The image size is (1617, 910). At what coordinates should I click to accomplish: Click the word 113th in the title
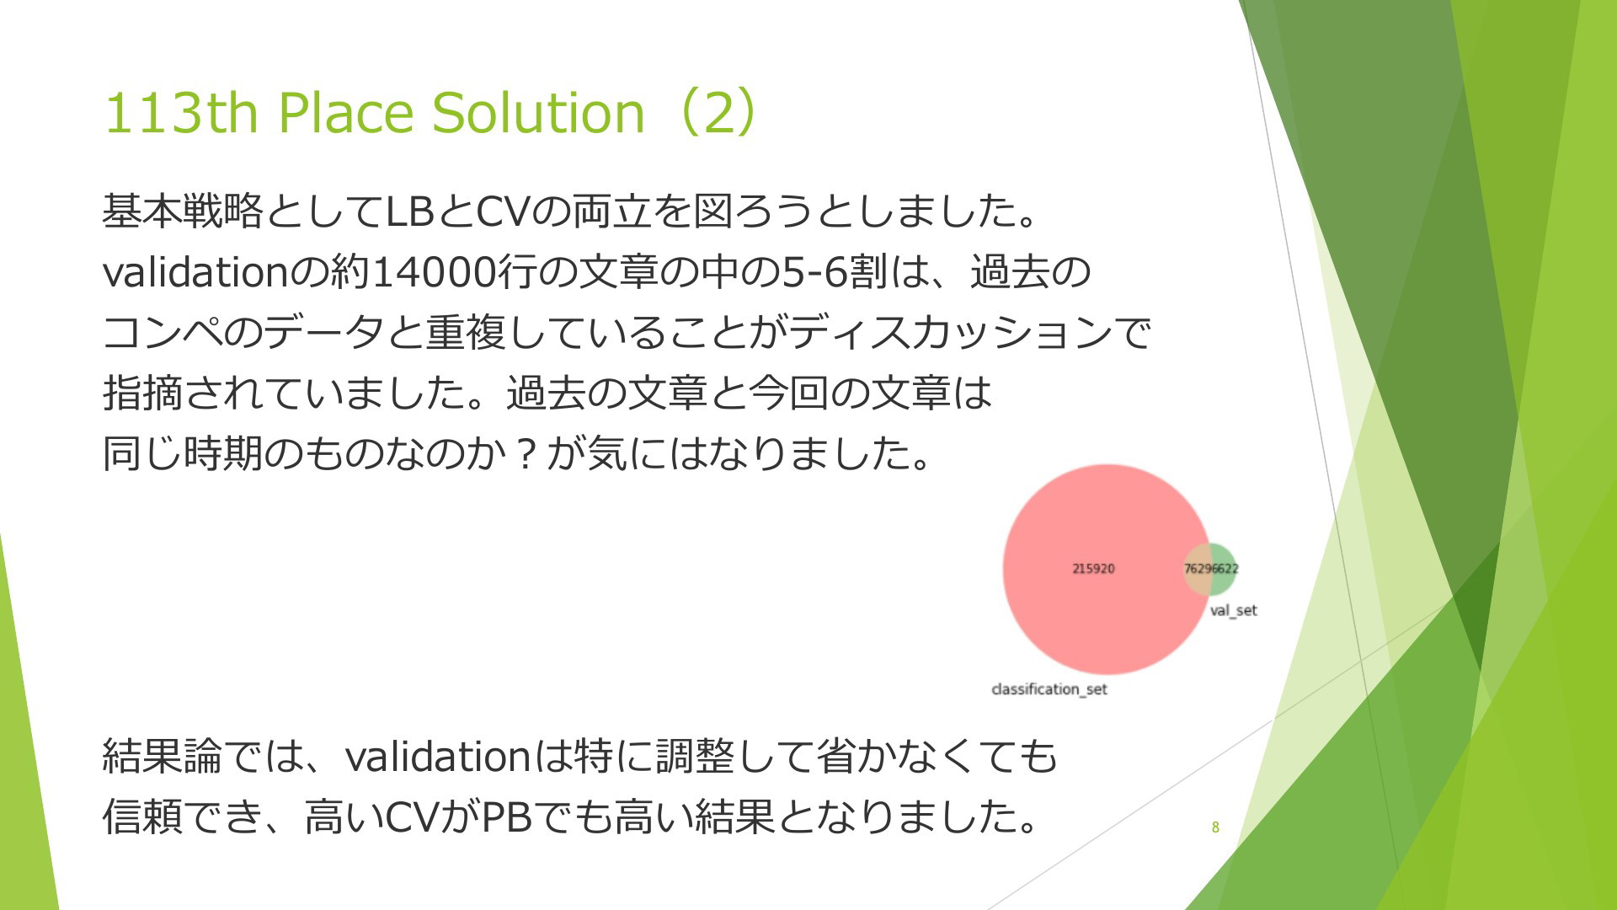tap(180, 113)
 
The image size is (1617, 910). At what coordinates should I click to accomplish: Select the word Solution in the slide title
tap(538, 113)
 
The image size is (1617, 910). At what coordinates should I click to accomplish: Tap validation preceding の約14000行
tap(195, 272)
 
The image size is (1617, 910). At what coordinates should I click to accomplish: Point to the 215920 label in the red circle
tap(1093, 569)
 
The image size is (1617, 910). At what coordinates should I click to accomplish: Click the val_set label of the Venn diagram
tap(1233, 610)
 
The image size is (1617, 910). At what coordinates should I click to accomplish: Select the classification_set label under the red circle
tap(1049, 689)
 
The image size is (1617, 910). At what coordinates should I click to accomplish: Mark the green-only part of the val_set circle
tap(1225, 569)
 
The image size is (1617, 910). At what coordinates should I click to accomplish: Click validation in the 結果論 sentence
tap(438, 756)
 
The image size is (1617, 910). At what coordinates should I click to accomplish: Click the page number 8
tap(1215, 827)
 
